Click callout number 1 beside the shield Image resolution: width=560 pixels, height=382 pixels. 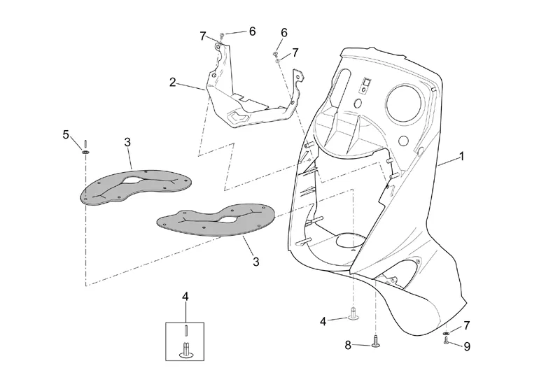point(462,157)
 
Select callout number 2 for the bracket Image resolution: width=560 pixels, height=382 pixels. point(173,83)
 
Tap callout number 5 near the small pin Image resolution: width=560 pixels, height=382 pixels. point(66,135)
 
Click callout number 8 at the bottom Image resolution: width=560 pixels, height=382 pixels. point(348,345)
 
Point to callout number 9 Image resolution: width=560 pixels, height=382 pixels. point(467,346)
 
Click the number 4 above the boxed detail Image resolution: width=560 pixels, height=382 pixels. point(185,297)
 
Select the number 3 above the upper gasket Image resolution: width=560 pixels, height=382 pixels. point(127,142)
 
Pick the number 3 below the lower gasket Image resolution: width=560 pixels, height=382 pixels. point(255,262)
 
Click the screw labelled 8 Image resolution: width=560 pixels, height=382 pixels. point(375,341)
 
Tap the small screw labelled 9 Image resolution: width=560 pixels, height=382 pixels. point(446,341)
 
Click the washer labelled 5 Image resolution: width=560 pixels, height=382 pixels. point(85,153)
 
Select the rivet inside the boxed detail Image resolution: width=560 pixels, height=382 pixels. point(186,350)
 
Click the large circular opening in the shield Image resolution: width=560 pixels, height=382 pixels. point(404,103)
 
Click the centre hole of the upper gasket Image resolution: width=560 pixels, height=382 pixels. point(133,181)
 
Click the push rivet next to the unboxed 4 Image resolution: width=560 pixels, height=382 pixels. point(353,314)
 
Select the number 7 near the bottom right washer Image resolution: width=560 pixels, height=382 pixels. point(467,325)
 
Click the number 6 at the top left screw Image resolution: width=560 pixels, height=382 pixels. point(252,31)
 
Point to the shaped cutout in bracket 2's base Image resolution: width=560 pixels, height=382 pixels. point(237,117)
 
